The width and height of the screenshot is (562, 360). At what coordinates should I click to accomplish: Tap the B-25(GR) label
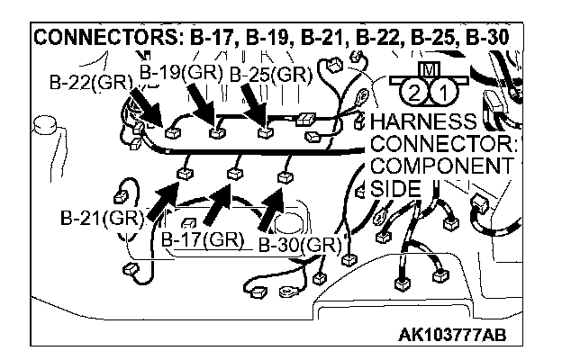(x=270, y=75)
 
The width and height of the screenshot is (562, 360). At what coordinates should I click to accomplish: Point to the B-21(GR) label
(x=98, y=218)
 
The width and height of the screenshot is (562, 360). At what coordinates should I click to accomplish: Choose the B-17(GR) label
(x=203, y=239)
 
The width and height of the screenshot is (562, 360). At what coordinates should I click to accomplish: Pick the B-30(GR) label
(x=298, y=244)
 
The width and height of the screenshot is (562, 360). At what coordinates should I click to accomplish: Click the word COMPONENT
(x=440, y=166)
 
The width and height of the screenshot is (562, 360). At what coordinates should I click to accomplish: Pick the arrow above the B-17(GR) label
(x=214, y=203)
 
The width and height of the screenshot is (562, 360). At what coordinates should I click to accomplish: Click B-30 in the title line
(x=483, y=39)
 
